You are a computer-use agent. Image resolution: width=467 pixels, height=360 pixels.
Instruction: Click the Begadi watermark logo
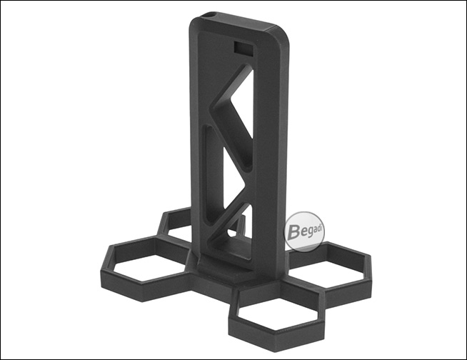coord(305,232)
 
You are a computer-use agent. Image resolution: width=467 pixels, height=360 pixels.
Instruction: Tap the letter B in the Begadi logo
coord(294,232)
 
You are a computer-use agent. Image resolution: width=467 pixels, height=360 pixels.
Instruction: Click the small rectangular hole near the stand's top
coord(244,48)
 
